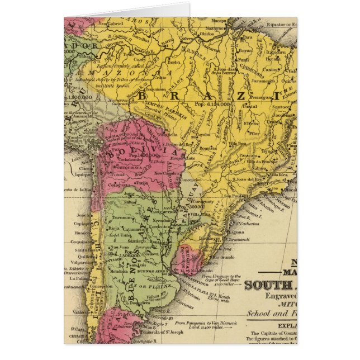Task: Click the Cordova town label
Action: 150,253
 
